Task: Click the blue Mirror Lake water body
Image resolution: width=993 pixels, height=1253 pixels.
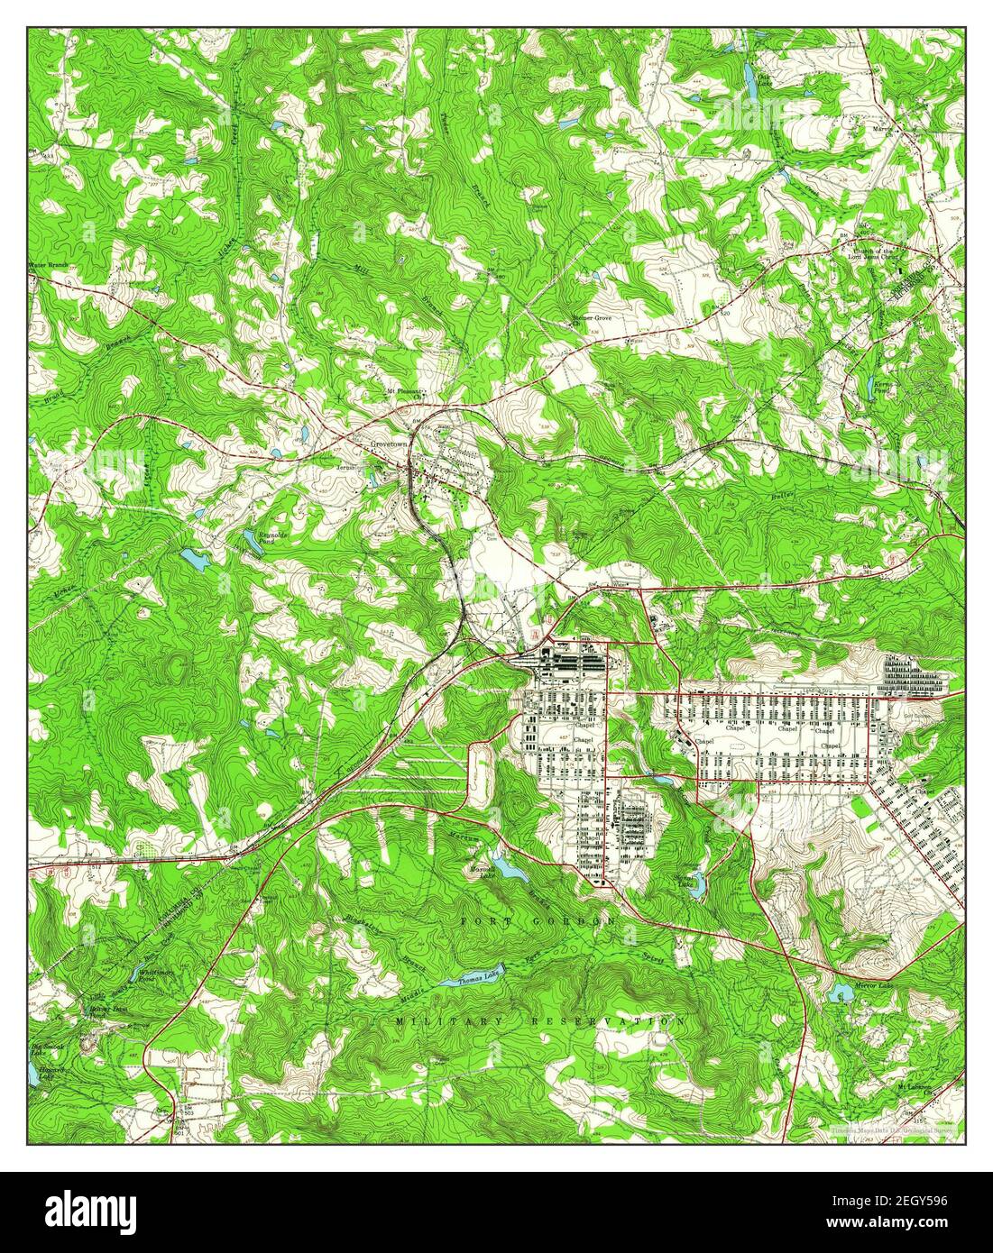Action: [x=841, y=992]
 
